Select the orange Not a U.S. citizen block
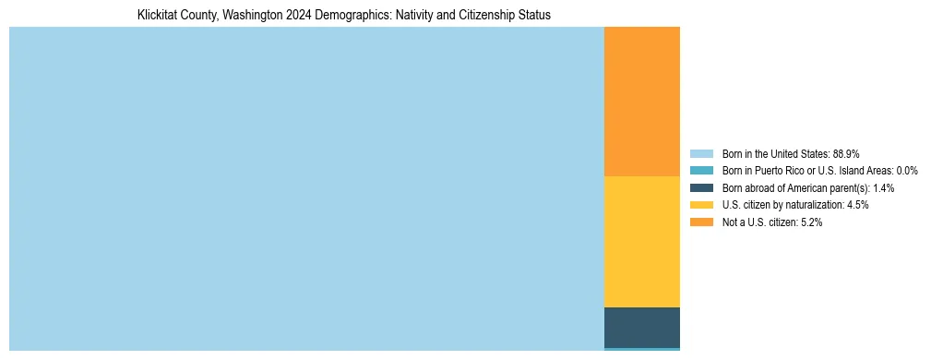tap(641, 102)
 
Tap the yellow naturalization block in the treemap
tap(641, 241)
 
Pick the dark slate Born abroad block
tap(641, 327)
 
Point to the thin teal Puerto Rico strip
tap(641, 349)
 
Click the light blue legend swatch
tap(701, 153)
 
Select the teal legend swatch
tap(701, 171)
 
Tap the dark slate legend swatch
tap(701, 188)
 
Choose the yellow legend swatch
tap(701, 205)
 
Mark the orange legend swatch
tap(701, 222)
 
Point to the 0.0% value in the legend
tap(907, 171)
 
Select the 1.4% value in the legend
tap(882, 188)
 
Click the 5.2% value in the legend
tap(811, 222)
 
